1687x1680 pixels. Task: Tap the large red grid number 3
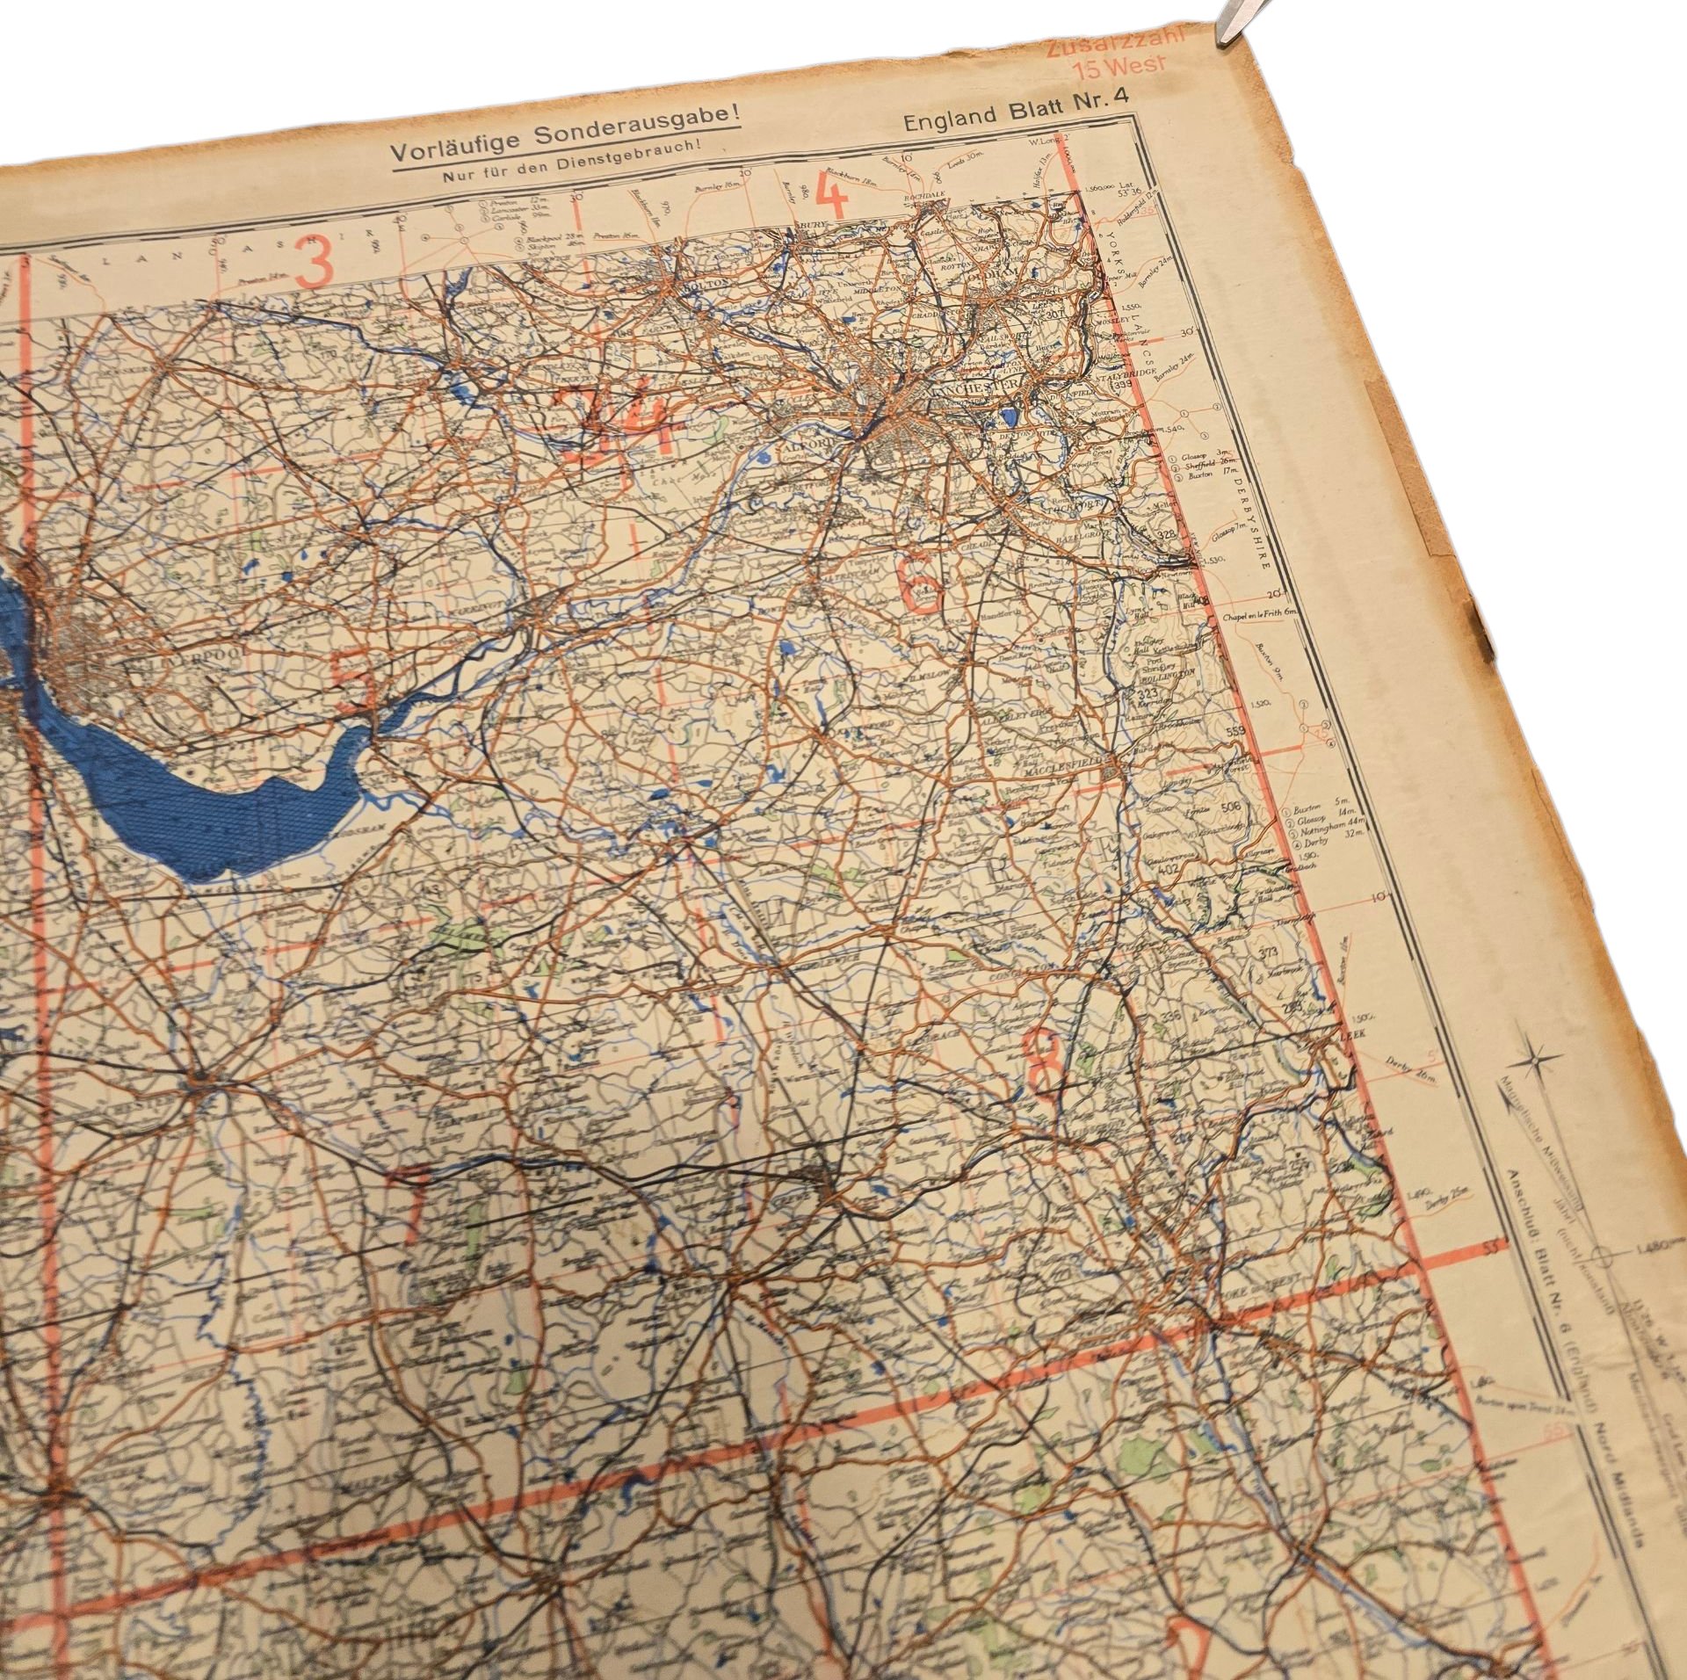tap(319, 262)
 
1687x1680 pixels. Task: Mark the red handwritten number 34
tap(622, 424)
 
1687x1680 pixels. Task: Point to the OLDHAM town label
tap(1016, 273)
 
